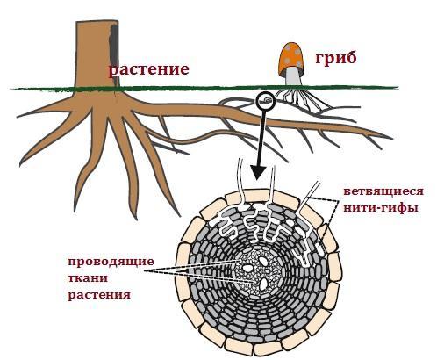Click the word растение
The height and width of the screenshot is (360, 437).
point(148,70)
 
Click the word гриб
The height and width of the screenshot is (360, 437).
point(336,58)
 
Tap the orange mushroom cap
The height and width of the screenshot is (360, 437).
point(290,58)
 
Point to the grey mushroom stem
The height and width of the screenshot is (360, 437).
point(293,76)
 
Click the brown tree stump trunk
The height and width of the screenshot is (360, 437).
point(97,54)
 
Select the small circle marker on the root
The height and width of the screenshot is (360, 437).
point(265,101)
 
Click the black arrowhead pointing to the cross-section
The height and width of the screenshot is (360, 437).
point(259,172)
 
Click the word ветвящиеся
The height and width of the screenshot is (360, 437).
point(383,191)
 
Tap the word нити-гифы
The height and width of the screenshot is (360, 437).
point(380,208)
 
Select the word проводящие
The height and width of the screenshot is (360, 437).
point(111,262)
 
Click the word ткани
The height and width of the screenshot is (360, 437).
point(88,277)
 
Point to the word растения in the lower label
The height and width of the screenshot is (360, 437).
point(99,295)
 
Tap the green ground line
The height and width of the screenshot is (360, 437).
point(204,88)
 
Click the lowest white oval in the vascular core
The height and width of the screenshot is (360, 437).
point(264,284)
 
